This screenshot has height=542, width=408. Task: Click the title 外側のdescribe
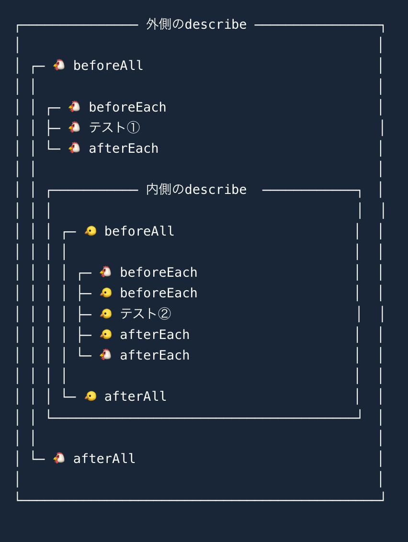click(196, 24)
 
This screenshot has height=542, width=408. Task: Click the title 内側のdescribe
click(196, 190)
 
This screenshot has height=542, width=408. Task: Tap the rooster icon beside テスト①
click(74, 127)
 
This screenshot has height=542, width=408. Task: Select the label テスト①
click(114, 128)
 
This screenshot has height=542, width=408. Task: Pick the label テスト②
click(146, 314)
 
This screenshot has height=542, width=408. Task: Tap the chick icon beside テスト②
click(106, 314)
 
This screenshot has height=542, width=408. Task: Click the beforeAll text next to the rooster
click(108, 66)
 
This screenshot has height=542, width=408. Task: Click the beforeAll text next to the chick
click(139, 231)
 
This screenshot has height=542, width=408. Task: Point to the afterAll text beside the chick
click(136, 396)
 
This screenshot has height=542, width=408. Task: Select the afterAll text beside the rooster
click(104, 459)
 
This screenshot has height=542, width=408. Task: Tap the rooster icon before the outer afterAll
click(59, 458)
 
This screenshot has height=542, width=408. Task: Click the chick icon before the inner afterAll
click(91, 396)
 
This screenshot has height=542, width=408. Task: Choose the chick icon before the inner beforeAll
click(91, 231)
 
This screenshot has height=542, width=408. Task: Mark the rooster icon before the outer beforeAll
click(59, 65)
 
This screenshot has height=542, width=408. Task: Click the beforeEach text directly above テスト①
click(127, 107)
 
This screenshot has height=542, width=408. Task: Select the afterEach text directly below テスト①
click(124, 148)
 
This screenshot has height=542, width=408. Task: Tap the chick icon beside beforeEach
click(106, 293)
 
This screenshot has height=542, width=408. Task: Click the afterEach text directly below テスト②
click(155, 335)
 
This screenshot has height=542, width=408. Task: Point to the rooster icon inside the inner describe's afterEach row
click(106, 355)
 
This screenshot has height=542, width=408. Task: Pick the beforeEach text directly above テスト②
click(159, 293)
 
